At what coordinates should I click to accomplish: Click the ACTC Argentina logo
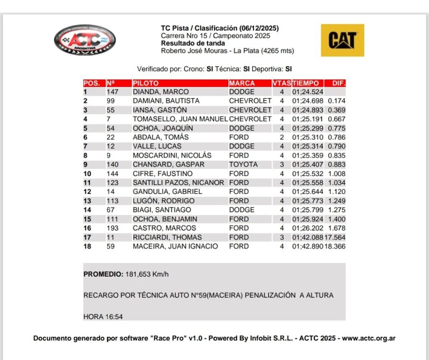[85, 40]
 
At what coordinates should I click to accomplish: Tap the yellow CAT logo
[342, 40]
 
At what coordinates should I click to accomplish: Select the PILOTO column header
[146, 83]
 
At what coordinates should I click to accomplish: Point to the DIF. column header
[338, 83]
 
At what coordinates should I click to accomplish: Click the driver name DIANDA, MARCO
[160, 92]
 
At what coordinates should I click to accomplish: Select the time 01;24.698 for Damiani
[308, 101]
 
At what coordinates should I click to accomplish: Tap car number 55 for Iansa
[111, 110]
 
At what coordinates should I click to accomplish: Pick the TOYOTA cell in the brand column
[243, 164]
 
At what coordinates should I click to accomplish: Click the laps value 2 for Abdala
[282, 137]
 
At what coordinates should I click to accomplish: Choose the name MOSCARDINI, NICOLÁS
[172, 155]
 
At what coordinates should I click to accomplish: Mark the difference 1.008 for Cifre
[337, 174]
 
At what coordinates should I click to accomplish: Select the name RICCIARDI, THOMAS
[167, 237]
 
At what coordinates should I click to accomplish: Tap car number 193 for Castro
[113, 228]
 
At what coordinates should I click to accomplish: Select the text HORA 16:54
[103, 316]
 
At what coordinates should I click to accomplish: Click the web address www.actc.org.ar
[369, 338]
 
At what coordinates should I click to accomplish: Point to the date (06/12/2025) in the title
[259, 28]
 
